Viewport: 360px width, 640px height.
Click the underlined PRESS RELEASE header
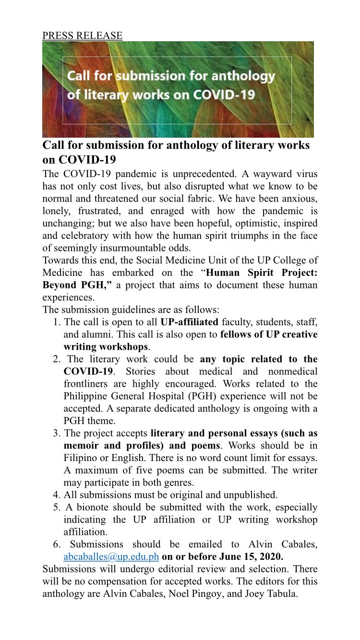82,36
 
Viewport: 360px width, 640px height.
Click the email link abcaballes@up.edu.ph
111,557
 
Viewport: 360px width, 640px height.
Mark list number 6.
56,544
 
